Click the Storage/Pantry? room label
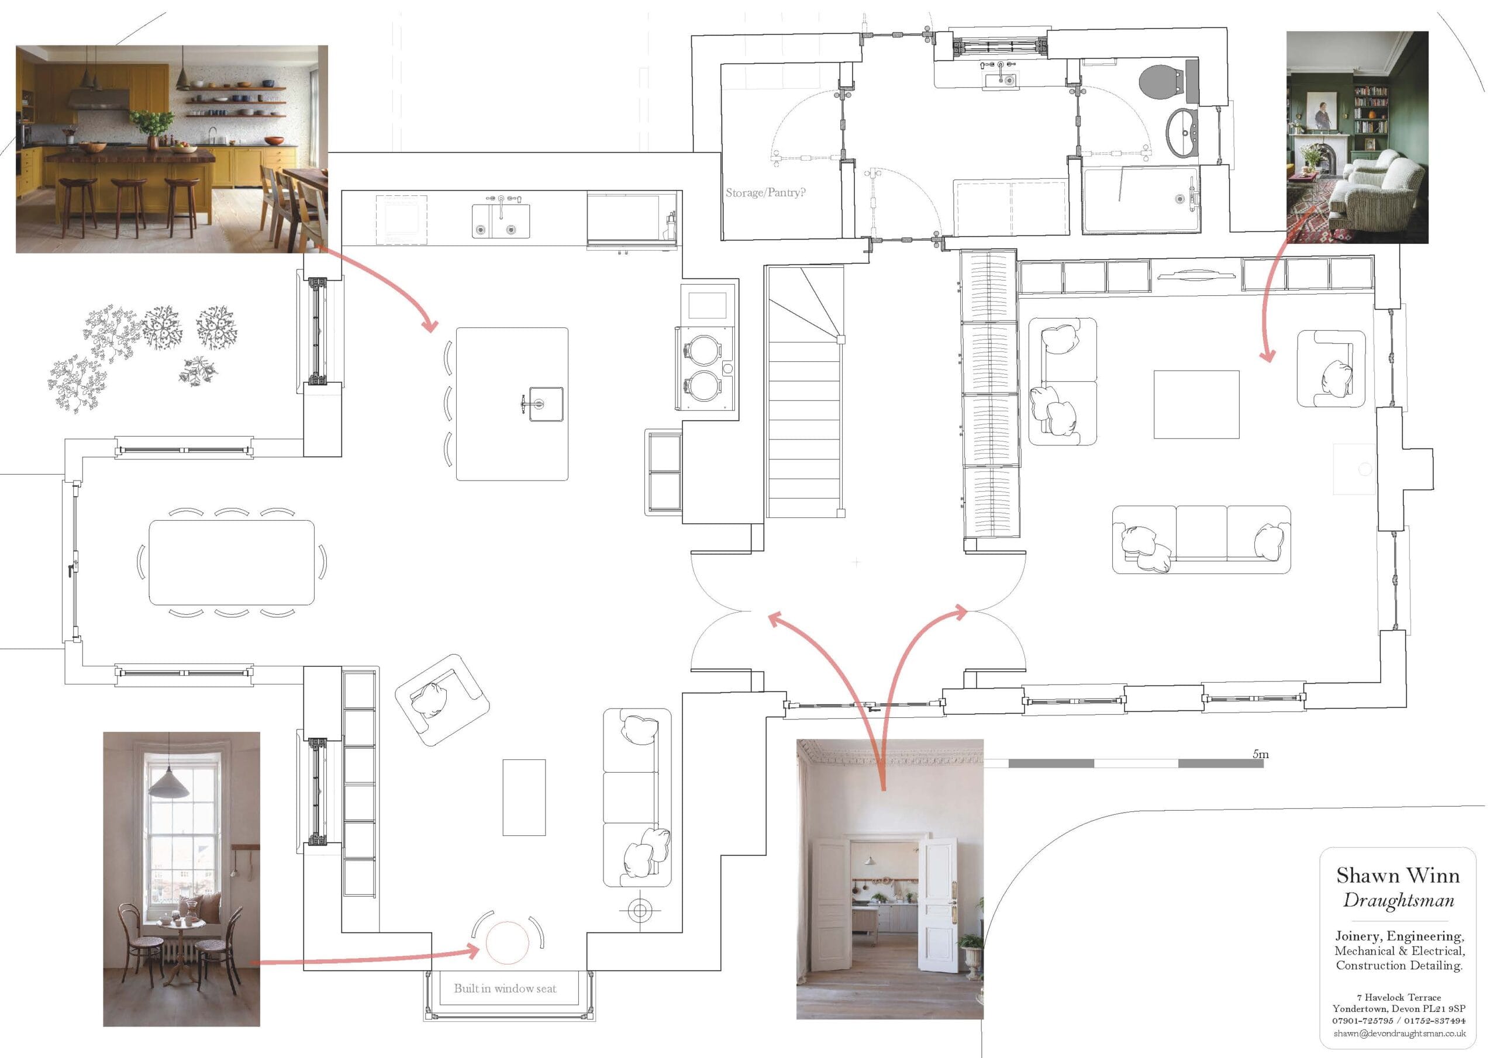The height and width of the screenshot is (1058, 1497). (765, 193)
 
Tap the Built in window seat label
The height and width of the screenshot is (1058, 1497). (505, 988)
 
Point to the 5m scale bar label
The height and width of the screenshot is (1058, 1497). (1260, 754)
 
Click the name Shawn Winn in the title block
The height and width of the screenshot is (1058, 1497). (1398, 875)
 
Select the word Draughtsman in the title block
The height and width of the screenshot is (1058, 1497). (1399, 900)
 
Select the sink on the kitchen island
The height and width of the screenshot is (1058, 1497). (546, 403)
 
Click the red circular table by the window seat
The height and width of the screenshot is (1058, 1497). (506, 943)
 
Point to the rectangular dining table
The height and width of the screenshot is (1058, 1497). (232, 562)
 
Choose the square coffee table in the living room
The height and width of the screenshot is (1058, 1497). (1196, 404)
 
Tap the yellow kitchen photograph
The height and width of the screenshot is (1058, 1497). (171, 148)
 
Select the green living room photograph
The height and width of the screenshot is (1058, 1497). (1357, 137)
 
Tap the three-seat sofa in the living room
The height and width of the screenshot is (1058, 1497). (1201, 540)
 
